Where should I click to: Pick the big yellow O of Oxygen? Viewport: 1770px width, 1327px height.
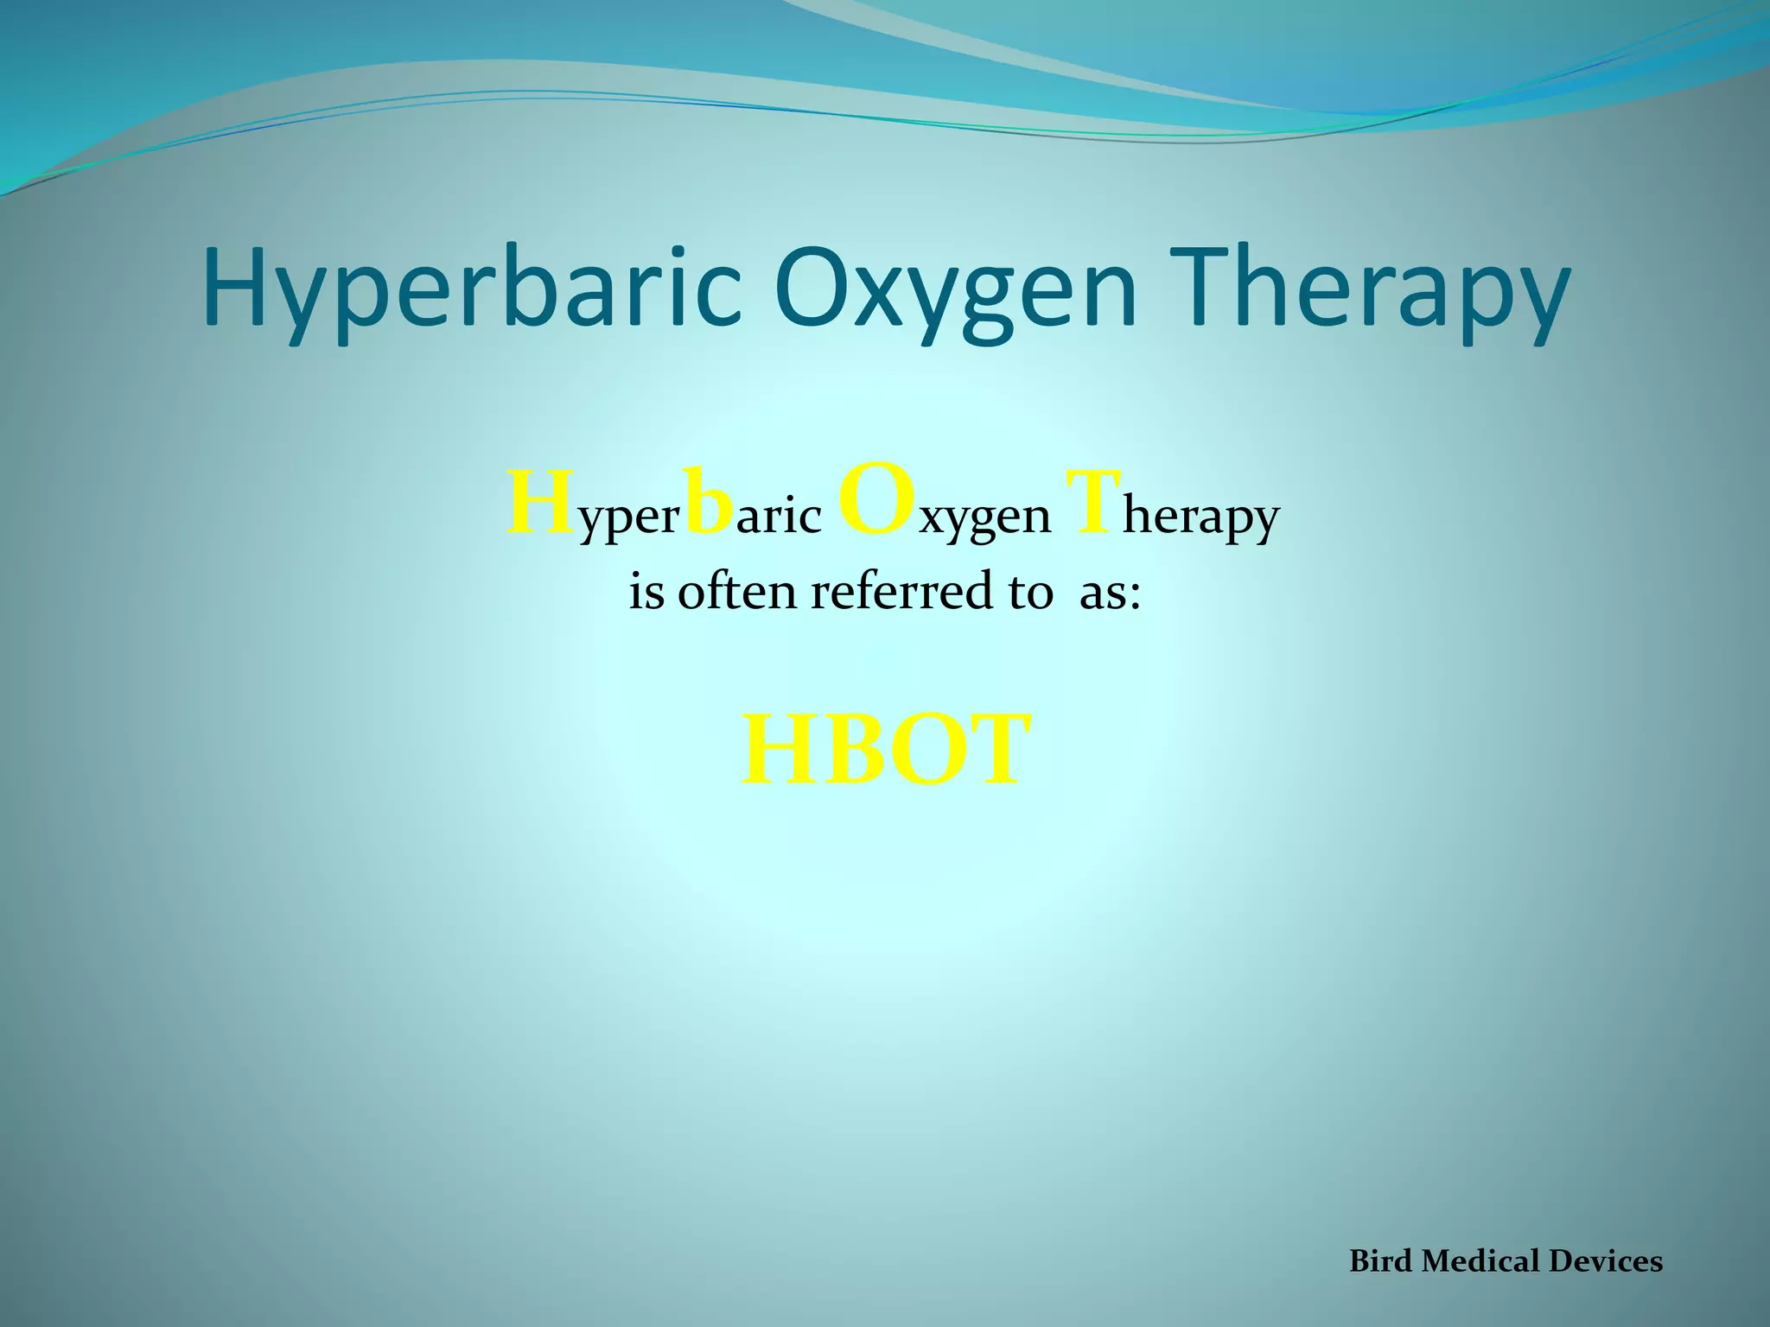[876, 501]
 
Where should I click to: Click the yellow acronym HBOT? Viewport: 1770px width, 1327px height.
[886, 750]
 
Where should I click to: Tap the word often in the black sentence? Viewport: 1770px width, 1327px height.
[736, 593]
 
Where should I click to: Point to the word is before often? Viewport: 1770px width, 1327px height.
[646, 593]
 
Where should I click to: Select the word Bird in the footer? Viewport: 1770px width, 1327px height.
[1381, 1261]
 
